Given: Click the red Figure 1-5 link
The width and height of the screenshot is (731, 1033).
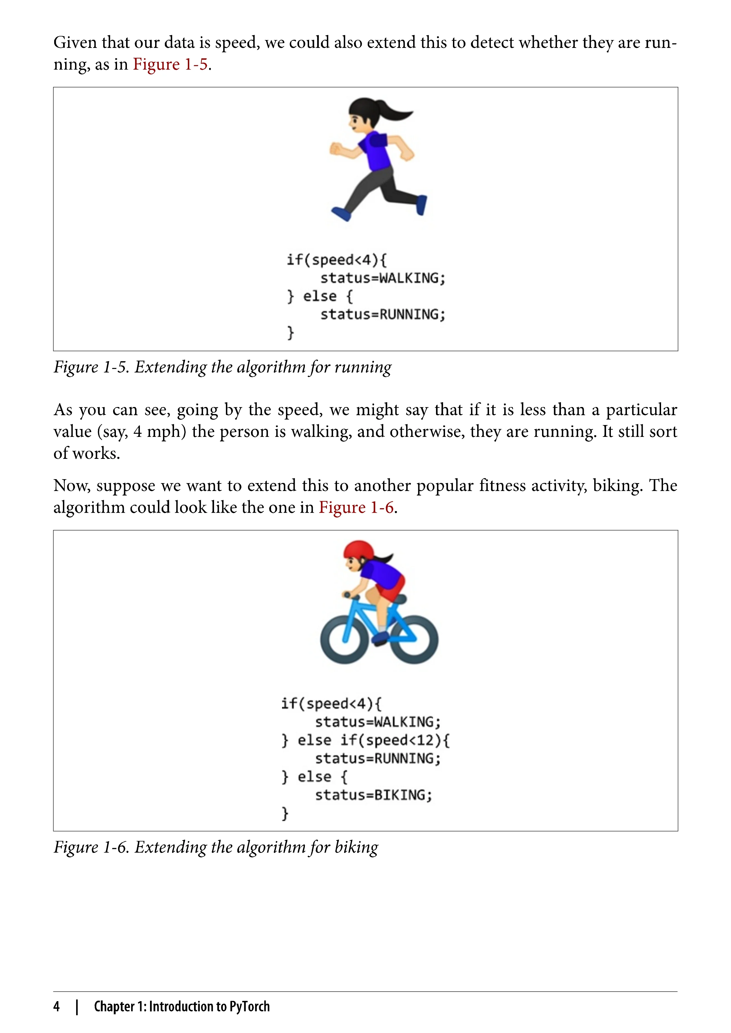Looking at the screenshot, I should pos(170,64).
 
